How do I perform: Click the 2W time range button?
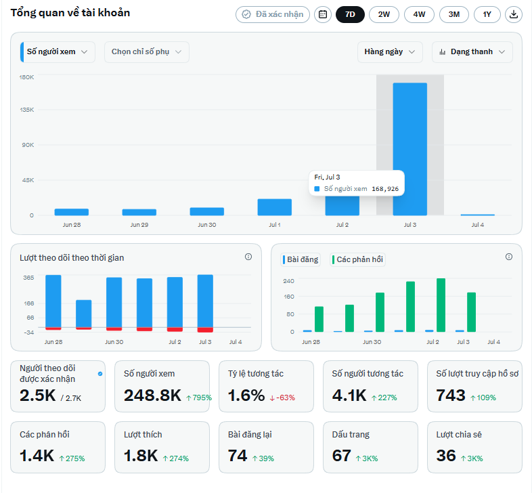pyautogui.click(x=384, y=15)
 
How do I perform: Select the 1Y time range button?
pyautogui.click(x=487, y=15)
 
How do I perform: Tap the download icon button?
pyautogui.click(x=514, y=15)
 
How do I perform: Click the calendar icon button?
pyautogui.click(x=323, y=15)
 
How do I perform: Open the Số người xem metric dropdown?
pyautogui.click(x=58, y=52)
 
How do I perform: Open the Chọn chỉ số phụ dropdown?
pyautogui.click(x=147, y=52)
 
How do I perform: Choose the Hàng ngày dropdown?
pyautogui.click(x=390, y=52)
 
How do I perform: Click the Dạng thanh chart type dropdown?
pyautogui.click(x=472, y=52)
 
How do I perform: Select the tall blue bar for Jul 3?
pyautogui.click(x=410, y=149)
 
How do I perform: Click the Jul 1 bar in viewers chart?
pyautogui.click(x=275, y=207)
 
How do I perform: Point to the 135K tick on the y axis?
pyautogui.click(x=27, y=110)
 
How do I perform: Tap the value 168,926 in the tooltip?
pyautogui.click(x=385, y=189)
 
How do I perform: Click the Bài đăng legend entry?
pyautogui.click(x=301, y=260)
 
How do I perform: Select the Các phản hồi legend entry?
pyautogui.click(x=358, y=260)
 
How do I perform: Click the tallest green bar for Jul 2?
pyautogui.click(x=441, y=305)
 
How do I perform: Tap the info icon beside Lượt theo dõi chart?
pyautogui.click(x=248, y=257)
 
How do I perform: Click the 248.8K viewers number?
pyautogui.click(x=152, y=395)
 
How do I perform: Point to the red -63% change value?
pyautogui.click(x=283, y=398)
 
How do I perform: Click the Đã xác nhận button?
pyautogui.click(x=273, y=15)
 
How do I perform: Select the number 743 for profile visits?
pyautogui.click(x=451, y=395)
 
